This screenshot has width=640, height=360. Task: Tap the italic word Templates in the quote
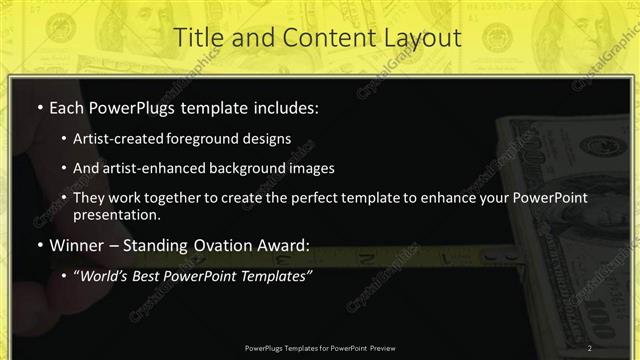coord(278,275)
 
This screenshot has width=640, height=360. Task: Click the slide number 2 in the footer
coord(590,347)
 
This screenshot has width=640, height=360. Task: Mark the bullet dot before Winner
coord(39,246)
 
